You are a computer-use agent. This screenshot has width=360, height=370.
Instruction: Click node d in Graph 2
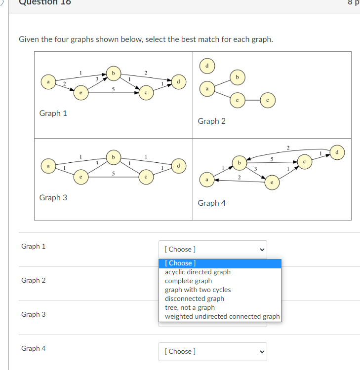pos(207,66)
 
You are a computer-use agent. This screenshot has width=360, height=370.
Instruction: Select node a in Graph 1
pos(48,82)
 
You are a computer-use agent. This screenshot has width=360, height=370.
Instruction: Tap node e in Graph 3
pos(81,177)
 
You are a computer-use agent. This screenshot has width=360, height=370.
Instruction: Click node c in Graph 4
pos(305,162)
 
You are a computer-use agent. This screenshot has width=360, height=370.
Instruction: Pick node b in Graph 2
pos(238,77)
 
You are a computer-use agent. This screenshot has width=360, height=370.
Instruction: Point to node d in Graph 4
pos(337,152)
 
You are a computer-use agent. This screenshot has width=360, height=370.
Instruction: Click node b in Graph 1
pos(114,74)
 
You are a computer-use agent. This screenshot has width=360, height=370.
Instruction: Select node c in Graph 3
pos(146,177)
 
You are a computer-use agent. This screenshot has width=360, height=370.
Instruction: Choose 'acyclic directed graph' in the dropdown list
pos(198,272)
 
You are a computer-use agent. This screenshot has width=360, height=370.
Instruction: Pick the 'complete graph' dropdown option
pos(188,281)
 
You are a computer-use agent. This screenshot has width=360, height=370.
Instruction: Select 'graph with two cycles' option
pos(198,290)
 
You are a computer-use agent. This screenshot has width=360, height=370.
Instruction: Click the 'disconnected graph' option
pos(195,299)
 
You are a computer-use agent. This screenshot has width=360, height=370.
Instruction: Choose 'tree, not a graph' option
pos(190,308)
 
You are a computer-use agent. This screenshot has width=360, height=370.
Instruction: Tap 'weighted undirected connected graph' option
pos(222,316)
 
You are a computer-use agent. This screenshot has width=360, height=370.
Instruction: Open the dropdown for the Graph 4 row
pos(213,352)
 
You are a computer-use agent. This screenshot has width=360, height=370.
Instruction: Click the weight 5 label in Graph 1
pos(114,89)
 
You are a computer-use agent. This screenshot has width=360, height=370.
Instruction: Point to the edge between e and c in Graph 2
pos(252,100)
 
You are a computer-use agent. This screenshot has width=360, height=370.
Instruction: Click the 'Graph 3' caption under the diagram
pos(53,197)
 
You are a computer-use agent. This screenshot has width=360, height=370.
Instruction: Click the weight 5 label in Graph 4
pos(272,159)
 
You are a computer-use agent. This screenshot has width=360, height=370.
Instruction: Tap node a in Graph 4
pos(207,180)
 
